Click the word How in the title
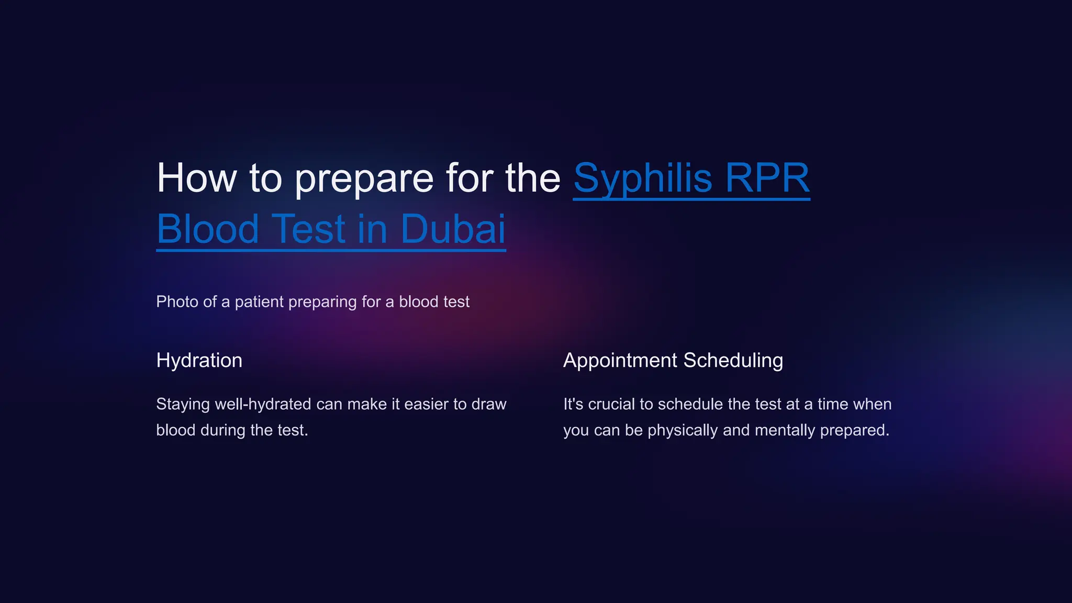197,178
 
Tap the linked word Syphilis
643,178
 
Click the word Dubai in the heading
453,229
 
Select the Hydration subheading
199,361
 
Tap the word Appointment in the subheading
620,361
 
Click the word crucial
611,404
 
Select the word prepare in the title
364,178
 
